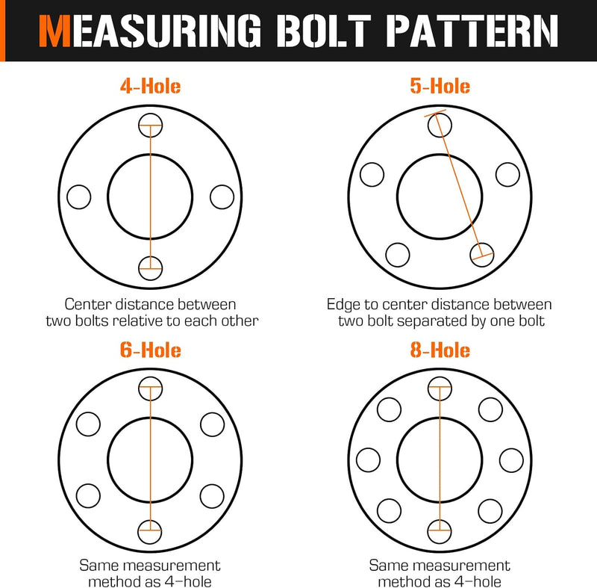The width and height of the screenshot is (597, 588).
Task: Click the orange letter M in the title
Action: [x=57, y=31]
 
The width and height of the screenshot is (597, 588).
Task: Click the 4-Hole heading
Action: [x=150, y=86]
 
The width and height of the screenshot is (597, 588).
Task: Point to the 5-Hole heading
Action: [x=440, y=86]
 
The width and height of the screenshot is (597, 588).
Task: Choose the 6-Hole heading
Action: [x=150, y=350]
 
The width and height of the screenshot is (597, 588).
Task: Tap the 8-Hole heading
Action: [x=440, y=350]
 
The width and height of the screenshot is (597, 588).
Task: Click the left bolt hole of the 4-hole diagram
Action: [x=78, y=197]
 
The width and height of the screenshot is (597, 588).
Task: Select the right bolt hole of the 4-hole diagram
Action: [x=222, y=197]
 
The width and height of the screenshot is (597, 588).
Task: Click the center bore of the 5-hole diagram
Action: [x=440, y=197]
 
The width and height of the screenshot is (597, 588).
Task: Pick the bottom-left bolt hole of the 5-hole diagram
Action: [x=397, y=255]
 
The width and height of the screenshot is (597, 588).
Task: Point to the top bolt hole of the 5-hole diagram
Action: [x=439, y=125]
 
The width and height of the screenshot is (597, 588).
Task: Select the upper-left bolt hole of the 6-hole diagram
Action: [x=88, y=424]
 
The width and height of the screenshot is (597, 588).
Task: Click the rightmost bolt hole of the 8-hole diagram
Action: [x=511, y=459]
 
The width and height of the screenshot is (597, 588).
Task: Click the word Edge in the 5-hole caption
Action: [x=343, y=305]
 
